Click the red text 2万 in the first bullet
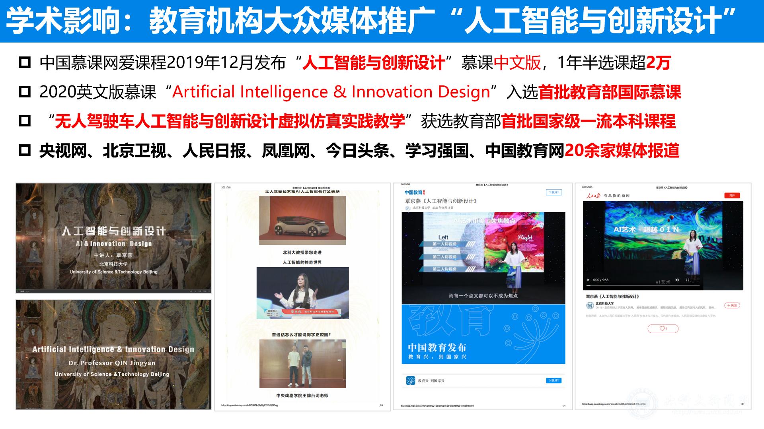coord(659,63)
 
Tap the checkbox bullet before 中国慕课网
coord(25,63)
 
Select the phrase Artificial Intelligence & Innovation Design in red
coord(331,92)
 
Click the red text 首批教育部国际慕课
coord(610,92)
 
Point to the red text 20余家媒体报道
coord(622,151)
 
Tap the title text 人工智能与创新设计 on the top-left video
coord(114,231)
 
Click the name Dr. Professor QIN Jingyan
coord(112,363)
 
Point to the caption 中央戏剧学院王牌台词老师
coord(302,396)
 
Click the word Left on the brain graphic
coord(443,237)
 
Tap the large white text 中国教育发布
coord(437,347)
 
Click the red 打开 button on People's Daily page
coord(732,195)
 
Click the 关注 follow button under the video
coord(732,305)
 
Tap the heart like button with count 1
coord(663,328)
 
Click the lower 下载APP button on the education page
coord(554,380)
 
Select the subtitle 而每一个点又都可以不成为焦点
coord(483,295)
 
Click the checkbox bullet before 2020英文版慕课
coord(25,92)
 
